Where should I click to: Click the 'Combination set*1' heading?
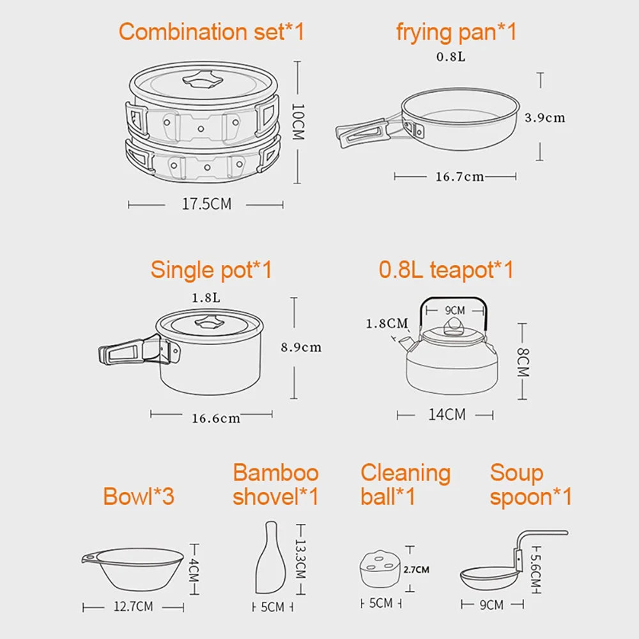(212, 31)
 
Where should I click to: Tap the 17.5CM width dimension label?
(206, 204)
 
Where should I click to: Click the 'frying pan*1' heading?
(456, 31)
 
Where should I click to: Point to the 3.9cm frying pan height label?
(544, 118)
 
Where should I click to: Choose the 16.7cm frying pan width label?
(459, 177)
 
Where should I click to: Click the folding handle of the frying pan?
(362, 132)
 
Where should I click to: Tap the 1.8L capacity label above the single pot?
(206, 298)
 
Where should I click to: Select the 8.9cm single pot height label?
(301, 348)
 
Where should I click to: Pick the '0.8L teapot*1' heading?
(446, 270)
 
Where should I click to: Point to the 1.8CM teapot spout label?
(386, 323)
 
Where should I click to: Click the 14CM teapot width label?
(447, 415)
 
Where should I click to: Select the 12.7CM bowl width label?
(133, 606)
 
